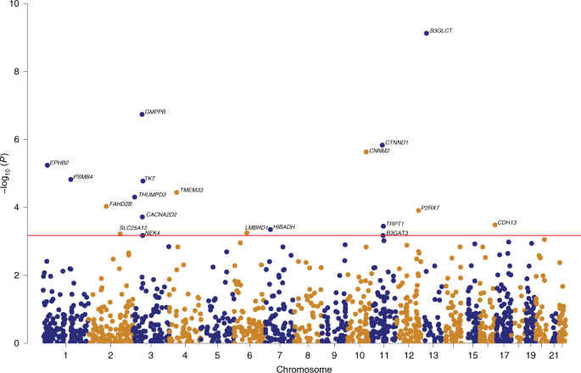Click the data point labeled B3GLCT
coord(427,33)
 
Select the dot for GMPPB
coord(142,114)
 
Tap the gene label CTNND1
coord(397,143)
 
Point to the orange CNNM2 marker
coord(366,152)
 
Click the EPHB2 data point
coord(47,164)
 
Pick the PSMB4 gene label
coord(83,177)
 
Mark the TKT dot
coord(142,181)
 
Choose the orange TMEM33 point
coord(176,192)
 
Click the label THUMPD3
coord(152,196)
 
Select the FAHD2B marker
coord(106,206)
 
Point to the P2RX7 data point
coord(418,210)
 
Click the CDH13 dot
coord(494,225)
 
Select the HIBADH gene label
coord(285,227)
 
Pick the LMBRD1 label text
coord(256,227)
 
